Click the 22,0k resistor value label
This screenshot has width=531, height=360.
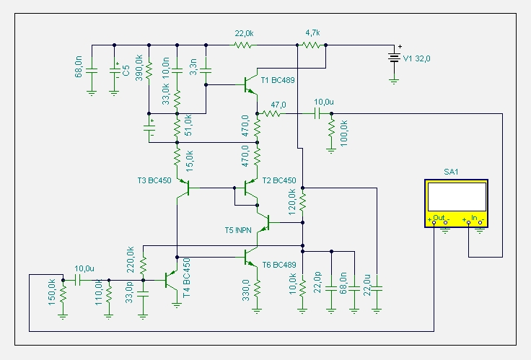244,33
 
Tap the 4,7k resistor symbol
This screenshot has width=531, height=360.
311,45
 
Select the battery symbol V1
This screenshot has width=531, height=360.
394,58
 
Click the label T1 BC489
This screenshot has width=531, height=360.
278,80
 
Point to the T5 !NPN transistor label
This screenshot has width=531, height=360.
238,230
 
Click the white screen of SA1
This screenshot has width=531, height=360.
457,197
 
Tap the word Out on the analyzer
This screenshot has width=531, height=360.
439,217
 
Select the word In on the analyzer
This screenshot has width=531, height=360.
474,217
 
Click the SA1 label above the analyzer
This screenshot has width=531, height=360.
451,172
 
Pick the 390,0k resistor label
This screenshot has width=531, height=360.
139,68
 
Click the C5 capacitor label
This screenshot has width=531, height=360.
126,71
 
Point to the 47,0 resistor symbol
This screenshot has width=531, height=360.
271,113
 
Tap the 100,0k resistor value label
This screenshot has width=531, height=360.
343,133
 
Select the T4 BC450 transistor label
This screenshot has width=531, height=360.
186,278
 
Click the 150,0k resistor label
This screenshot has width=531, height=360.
52,292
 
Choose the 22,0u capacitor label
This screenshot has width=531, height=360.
367,285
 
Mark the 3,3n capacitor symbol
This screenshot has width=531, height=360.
206,71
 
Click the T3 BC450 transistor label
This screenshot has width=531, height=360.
154,180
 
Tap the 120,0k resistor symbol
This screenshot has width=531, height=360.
303,202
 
